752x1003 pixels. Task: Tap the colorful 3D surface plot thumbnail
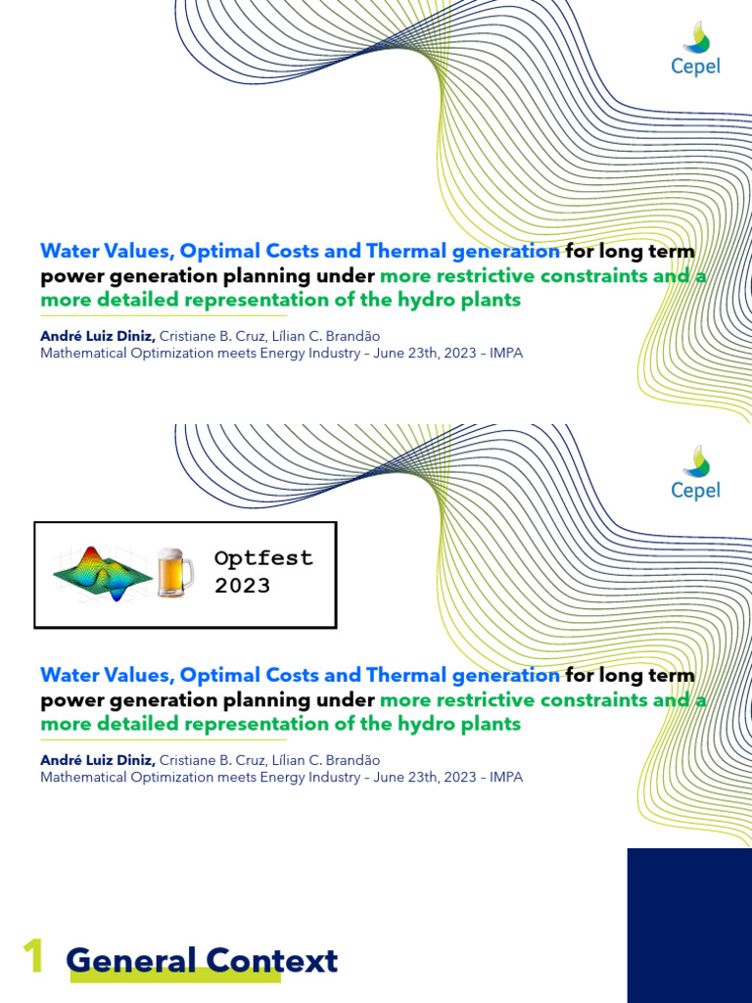click(102, 573)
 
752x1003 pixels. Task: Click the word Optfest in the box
click(263, 558)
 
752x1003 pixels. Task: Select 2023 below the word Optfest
click(242, 586)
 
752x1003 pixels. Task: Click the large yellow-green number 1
click(32, 956)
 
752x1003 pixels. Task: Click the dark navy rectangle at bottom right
click(689, 925)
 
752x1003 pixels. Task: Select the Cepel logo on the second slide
click(695, 475)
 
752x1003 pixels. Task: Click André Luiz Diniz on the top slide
click(97, 336)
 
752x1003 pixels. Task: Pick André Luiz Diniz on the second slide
click(97, 760)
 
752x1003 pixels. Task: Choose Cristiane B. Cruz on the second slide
click(211, 760)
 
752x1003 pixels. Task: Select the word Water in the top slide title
click(71, 251)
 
